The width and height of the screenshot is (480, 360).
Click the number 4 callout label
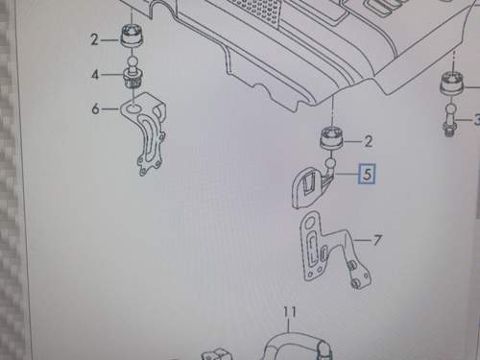click(95, 75)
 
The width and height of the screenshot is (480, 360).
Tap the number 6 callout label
click(95, 108)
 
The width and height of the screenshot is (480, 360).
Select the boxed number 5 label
click(368, 174)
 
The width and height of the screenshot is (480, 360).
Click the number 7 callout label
click(377, 240)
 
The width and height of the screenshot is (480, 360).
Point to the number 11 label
click(290, 312)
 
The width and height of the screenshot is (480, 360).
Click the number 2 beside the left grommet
click(94, 40)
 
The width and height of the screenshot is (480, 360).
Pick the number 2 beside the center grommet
click(369, 141)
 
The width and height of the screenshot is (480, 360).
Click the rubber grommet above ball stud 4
click(132, 36)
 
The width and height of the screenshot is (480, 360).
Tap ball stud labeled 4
click(132, 73)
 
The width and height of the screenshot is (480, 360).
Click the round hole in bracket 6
click(133, 109)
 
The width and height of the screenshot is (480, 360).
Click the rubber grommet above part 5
click(332, 138)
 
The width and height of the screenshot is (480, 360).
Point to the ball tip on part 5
click(331, 164)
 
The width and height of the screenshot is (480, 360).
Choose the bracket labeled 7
click(334, 250)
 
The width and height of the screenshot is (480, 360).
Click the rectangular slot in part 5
click(310, 184)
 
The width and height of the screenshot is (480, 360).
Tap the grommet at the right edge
click(452, 84)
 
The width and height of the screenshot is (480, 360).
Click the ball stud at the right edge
click(450, 120)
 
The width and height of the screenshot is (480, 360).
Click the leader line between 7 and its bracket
click(362, 240)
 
